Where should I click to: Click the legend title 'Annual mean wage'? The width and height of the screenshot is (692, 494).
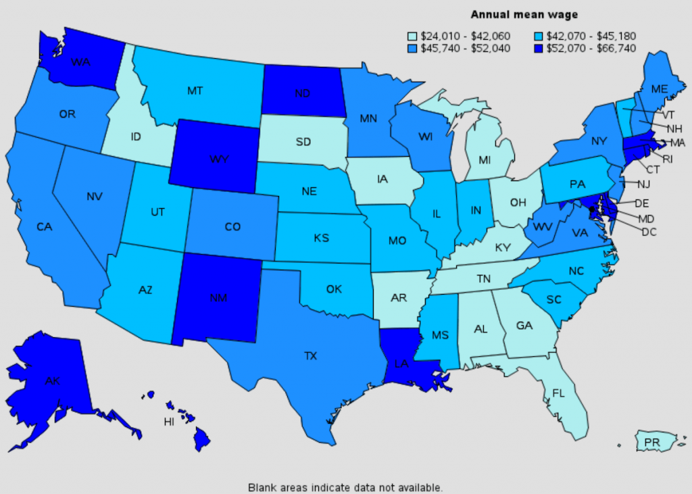click(524, 14)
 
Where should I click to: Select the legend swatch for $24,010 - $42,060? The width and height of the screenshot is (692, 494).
click(412, 36)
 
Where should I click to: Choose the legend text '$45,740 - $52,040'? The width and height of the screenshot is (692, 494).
click(465, 48)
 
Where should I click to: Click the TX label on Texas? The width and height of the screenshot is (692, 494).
click(311, 355)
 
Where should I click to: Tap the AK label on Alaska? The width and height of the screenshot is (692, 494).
click(53, 380)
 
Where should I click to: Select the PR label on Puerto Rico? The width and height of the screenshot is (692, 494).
click(652, 443)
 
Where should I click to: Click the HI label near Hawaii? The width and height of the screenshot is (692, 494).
click(169, 422)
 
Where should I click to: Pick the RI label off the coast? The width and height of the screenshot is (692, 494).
click(667, 159)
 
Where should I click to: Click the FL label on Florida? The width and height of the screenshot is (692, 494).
click(558, 393)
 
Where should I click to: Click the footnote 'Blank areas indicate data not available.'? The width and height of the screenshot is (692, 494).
click(345, 487)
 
